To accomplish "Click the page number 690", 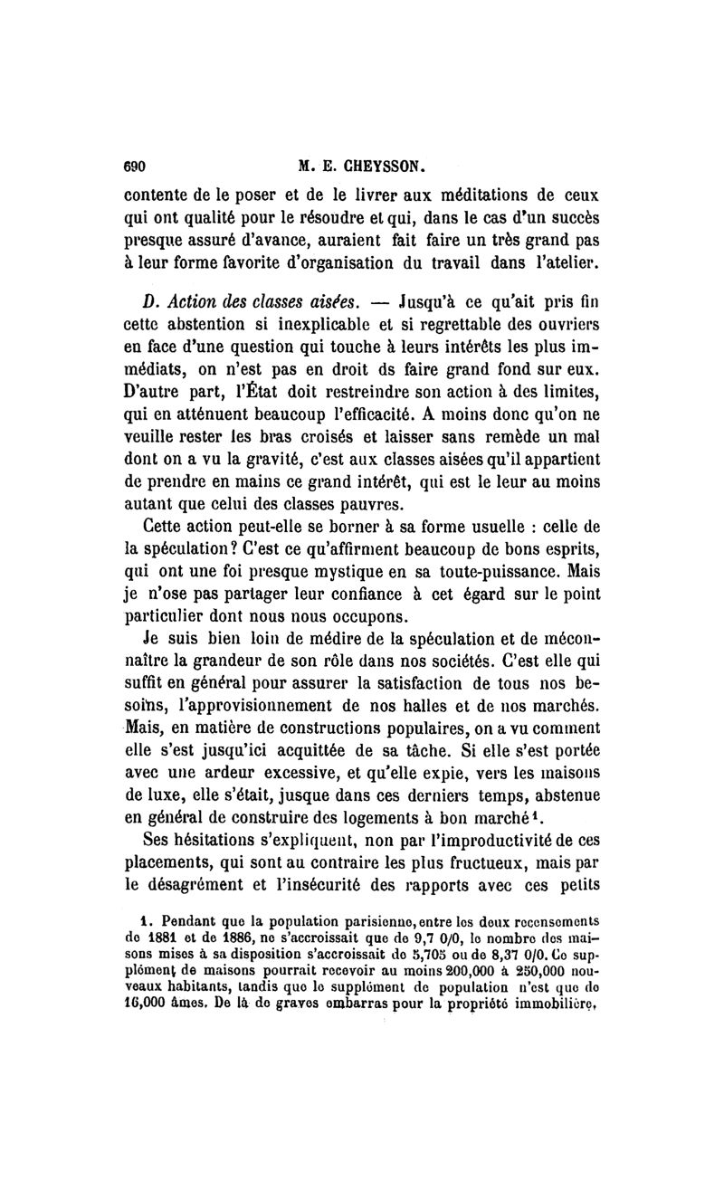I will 136,167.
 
